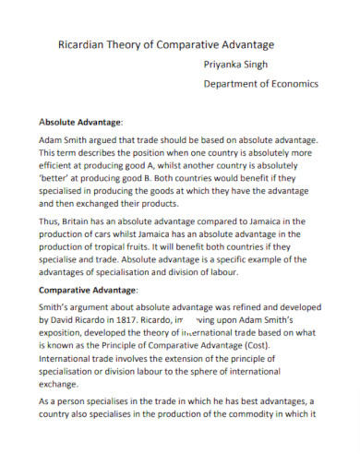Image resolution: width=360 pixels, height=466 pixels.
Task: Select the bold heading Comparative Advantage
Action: pos(89,289)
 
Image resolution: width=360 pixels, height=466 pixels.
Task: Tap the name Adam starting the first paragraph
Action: pos(54,139)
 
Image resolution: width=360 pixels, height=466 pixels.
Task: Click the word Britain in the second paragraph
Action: pos(88,221)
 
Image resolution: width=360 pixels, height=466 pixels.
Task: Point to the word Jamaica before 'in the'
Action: pos(277,221)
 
